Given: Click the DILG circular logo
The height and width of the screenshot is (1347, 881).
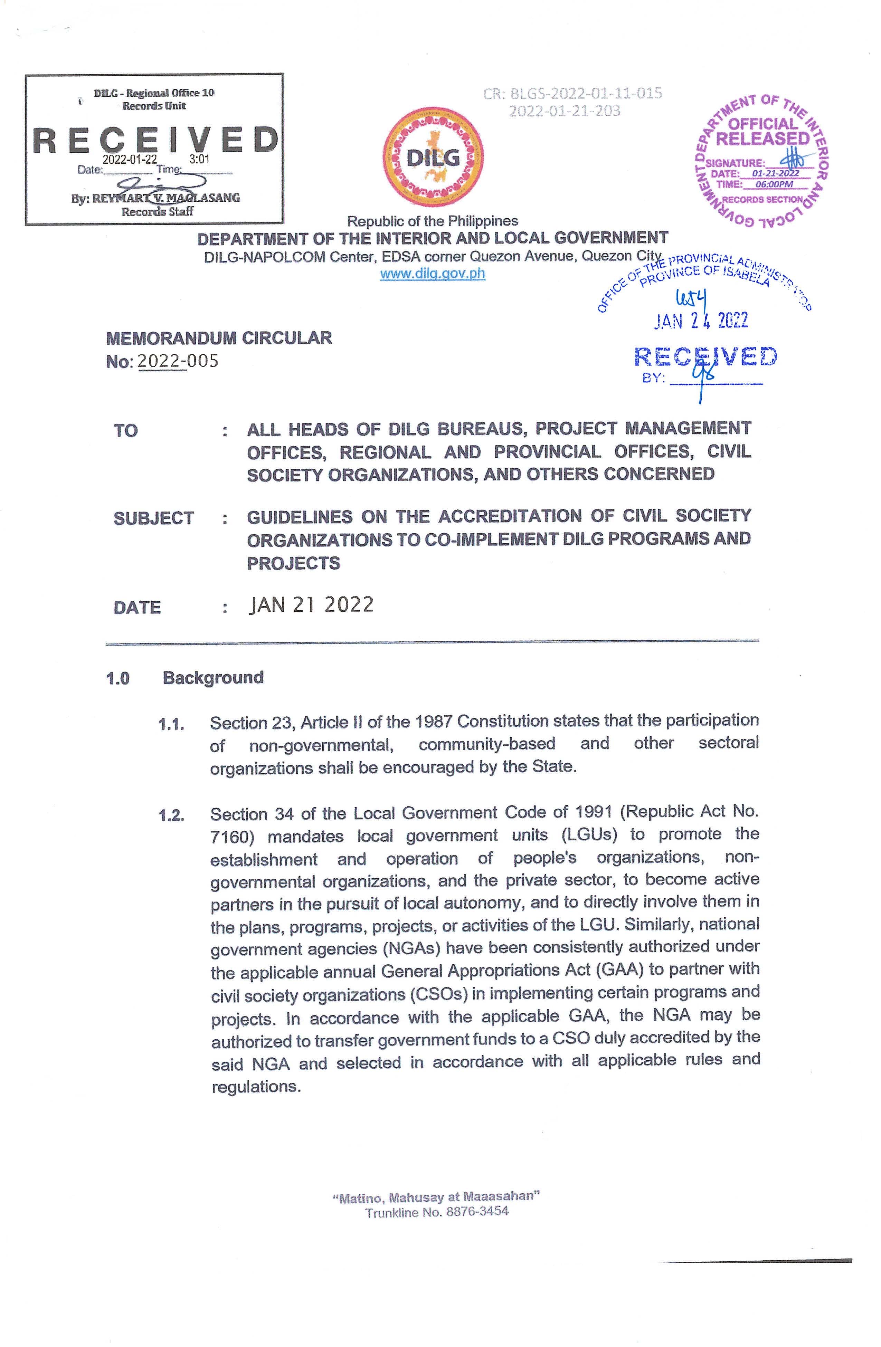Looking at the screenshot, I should click(x=433, y=157).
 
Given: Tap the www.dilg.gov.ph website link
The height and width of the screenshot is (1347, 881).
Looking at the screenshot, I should click(x=433, y=274).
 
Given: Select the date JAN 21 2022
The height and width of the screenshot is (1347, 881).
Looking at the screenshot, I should click(x=311, y=605).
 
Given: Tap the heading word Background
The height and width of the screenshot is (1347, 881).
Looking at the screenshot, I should click(x=213, y=677).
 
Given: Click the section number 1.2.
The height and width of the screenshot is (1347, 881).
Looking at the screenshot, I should click(x=172, y=815).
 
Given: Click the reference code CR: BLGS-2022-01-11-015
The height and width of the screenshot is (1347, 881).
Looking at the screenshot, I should click(x=572, y=93).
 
